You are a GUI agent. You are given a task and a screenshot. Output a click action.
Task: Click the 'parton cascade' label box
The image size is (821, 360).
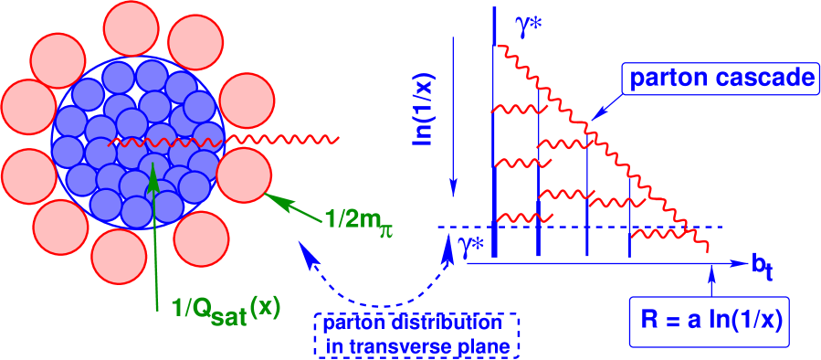point(720,79)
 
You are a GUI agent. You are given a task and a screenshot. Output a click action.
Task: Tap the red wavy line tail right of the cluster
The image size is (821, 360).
point(301,140)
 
